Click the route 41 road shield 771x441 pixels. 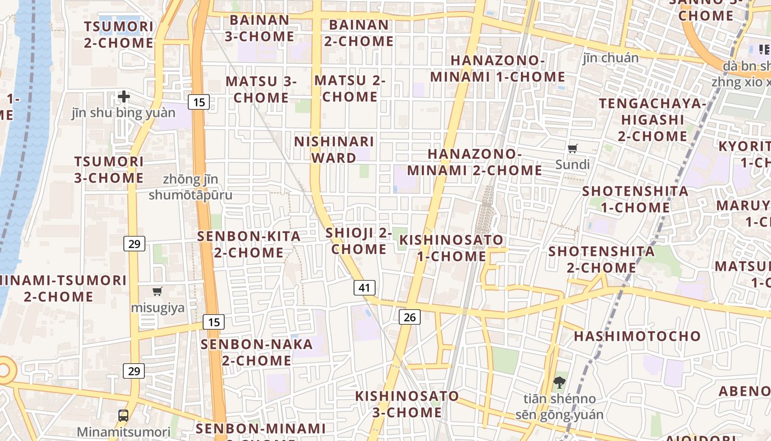click(364, 288)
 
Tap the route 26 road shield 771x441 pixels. click(410, 317)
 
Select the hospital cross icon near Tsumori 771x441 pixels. click(124, 97)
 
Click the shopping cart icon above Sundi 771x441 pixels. click(573, 148)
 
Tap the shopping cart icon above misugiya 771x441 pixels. click(158, 291)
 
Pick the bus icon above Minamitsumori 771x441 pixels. click(123, 416)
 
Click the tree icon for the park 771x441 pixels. click(560, 382)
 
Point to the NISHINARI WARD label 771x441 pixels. click(334, 149)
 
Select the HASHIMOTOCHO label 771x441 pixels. click(638, 336)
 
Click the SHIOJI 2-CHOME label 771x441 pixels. click(359, 241)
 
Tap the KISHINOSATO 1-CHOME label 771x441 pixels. click(451, 248)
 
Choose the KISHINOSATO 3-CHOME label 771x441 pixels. click(407, 404)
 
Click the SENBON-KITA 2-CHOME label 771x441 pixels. click(249, 245)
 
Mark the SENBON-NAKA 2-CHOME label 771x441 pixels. click(257, 352)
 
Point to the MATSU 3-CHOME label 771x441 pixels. click(261, 89)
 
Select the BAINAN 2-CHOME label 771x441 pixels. click(359, 33)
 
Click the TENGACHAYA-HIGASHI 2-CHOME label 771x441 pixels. click(652, 120)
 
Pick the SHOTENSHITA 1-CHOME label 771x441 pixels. click(635, 200)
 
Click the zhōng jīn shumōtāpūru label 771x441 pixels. click(191, 187)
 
